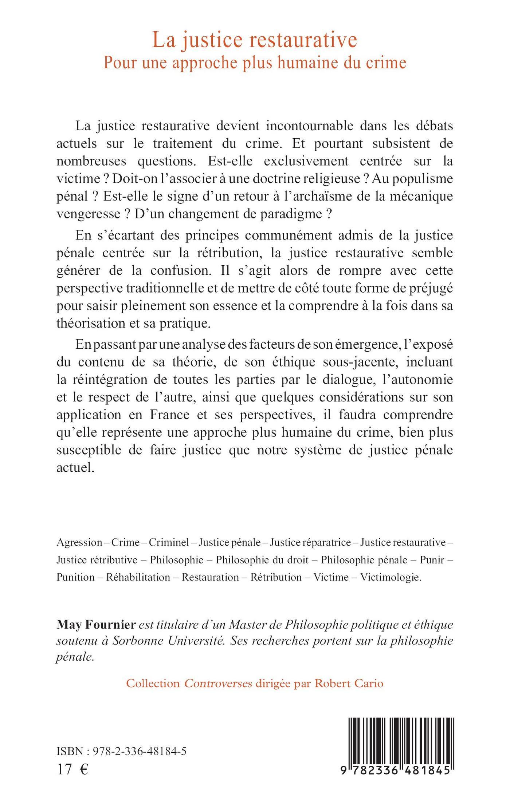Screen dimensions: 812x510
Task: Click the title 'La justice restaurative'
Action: click(255, 40)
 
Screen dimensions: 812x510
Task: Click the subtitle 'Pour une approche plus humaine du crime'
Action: click(255, 63)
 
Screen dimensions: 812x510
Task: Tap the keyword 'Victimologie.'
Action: click(391, 577)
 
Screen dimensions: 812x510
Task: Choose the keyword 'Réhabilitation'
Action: click(138, 577)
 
